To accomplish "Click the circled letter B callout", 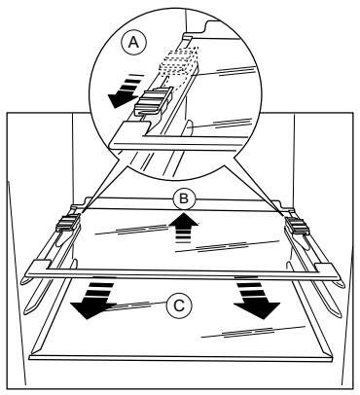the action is coord(184,198).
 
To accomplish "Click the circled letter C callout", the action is coord(179,305).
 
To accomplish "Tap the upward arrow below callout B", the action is coord(183,227).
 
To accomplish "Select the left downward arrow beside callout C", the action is coord(92,297).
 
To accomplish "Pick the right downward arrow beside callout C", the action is coord(255,297).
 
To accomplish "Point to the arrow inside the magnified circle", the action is coord(125,91).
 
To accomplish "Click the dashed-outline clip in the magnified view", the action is coord(178,61).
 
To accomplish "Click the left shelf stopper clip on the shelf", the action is coord(67,224).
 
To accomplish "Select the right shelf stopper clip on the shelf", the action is coord(297,226).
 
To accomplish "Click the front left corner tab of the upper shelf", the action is coord(39,266).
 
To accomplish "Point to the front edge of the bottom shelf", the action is coord(181,358).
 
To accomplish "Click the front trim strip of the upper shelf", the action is coord(183,275).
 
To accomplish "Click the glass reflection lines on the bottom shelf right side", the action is coord(253,332).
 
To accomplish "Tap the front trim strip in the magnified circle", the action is coord(182,144).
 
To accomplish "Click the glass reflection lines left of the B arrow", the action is coord(133,229).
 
